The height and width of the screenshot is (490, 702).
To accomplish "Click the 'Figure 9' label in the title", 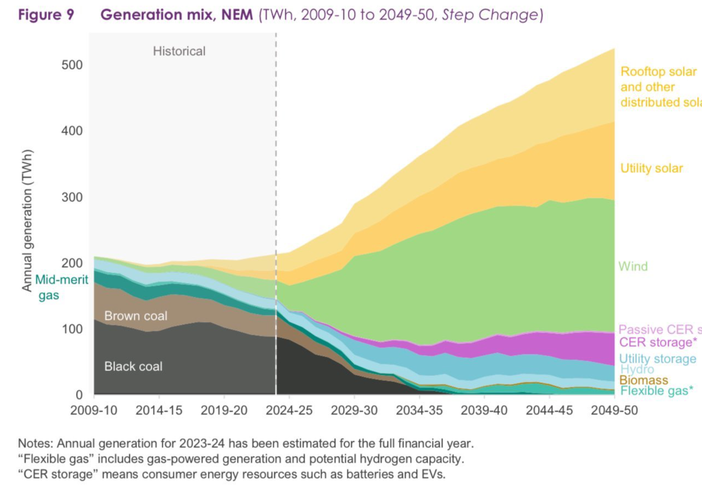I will point(46,15).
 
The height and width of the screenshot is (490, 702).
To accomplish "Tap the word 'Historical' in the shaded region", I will point(179,51).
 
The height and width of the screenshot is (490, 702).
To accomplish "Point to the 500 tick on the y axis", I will point(72,65).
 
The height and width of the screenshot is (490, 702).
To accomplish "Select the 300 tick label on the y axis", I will point(72,197).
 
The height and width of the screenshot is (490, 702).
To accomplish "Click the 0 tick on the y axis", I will point(79,395).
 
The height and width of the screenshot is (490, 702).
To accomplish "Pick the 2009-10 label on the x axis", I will point(94,411).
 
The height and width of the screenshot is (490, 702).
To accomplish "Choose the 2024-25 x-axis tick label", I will point(289,411).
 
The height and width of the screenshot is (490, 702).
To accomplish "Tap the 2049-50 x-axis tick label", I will point(614,411).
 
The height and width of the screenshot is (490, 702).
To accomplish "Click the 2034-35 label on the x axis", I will point(419,411).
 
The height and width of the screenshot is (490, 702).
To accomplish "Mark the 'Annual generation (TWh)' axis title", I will point(27,221).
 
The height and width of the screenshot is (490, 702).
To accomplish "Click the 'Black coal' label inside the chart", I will point(133,366).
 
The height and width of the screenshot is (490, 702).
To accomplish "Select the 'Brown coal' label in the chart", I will point(136,316).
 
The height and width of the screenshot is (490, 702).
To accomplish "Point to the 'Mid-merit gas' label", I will point(61,287).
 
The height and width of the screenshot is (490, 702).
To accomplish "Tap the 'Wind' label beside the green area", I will point(633,266).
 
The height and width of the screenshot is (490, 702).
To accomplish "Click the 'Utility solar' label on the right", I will point(652,168).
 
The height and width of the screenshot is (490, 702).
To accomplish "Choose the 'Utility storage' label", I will point(657,359).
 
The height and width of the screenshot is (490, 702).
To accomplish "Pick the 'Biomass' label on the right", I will point(644,380).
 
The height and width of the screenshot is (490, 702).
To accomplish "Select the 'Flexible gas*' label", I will point(656,391).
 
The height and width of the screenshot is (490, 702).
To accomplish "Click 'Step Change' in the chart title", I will point(490,15).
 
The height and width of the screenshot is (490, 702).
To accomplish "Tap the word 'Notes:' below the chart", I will point(36,444).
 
